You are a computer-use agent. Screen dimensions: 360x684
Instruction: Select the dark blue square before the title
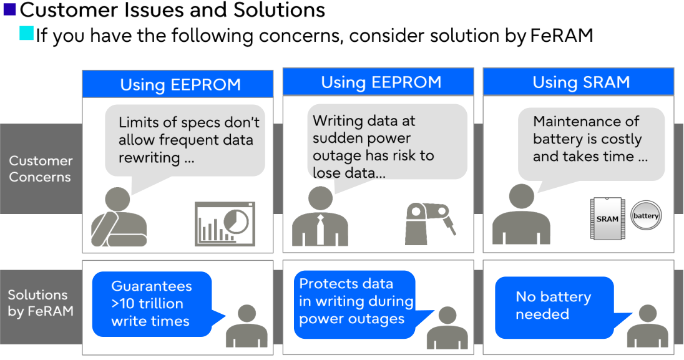9,9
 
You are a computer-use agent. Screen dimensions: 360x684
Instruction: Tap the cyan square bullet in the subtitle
26,34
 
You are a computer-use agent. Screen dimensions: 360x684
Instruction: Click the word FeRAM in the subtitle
561,35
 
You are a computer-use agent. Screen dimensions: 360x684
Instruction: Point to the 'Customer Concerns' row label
40,168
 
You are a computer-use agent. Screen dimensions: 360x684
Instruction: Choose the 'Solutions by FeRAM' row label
40,303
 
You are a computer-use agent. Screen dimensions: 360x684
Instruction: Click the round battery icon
645,216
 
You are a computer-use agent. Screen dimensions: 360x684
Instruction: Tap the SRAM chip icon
607,218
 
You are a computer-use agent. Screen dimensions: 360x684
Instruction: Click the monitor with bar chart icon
224,223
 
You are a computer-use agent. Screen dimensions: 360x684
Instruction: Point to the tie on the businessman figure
320,229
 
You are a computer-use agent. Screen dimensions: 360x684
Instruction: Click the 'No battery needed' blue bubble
554,305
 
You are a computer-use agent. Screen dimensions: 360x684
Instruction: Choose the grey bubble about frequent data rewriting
185,140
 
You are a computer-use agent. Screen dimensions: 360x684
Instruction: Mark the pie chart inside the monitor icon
236,220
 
